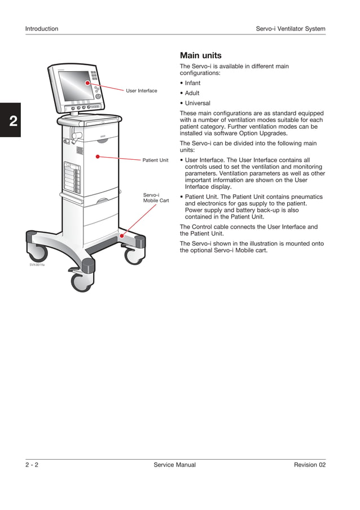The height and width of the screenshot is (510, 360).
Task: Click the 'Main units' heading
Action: click(x=200, y=55)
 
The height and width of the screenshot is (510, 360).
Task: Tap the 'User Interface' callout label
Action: click(x=142, y=90)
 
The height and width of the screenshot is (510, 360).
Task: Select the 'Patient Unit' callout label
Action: click(x=155, y=160)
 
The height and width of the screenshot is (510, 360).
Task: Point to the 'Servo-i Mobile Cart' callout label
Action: click(x=156, y=198)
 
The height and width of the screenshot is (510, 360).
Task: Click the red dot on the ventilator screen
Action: click(x=87, y=83)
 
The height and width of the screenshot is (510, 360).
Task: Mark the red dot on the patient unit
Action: click(x=98, y=156)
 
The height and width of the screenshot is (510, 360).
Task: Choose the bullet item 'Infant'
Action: click(x=192, y=83)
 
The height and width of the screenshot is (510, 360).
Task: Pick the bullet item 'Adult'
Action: click(x=192, y=93)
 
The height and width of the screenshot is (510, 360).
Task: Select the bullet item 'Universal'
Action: click(x=197, y=103)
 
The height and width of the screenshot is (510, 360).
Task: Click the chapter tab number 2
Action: click(x=11, y=120)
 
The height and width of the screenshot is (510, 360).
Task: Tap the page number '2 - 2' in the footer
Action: click(x=32, y=465)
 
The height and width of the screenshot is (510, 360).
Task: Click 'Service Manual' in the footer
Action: click(x=174, y=465)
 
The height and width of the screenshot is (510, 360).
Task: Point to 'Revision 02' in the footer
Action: click(x=309, y=465)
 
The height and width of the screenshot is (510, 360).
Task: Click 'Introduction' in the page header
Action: click(x=42, y=29)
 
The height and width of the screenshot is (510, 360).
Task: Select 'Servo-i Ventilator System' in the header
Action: click(x=290, y=29)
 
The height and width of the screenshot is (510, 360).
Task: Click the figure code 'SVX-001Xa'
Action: click(x=37, y=264)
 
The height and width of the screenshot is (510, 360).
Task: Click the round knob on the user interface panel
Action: click(x=98, y=97)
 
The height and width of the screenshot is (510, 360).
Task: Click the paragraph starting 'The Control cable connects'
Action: click(x=248, y=230)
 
